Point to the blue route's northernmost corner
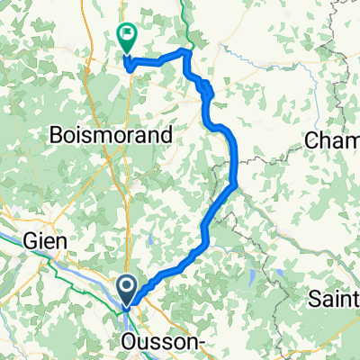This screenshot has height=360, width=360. coord(186,52)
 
